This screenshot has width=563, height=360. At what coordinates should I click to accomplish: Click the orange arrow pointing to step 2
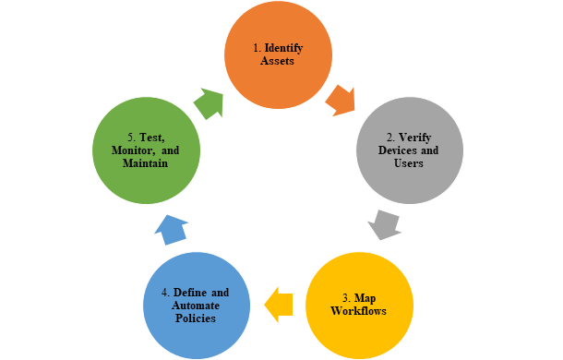pyautogui.click(x=340, y=100)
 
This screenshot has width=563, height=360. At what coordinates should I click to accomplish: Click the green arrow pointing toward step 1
pyautogui.click(x=208, y=102)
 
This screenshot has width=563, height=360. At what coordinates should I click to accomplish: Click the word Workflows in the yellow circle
pyautogui.click(x=359, y=310)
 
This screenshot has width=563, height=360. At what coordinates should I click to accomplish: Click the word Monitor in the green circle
pyautogui.click(x=130, y=150)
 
